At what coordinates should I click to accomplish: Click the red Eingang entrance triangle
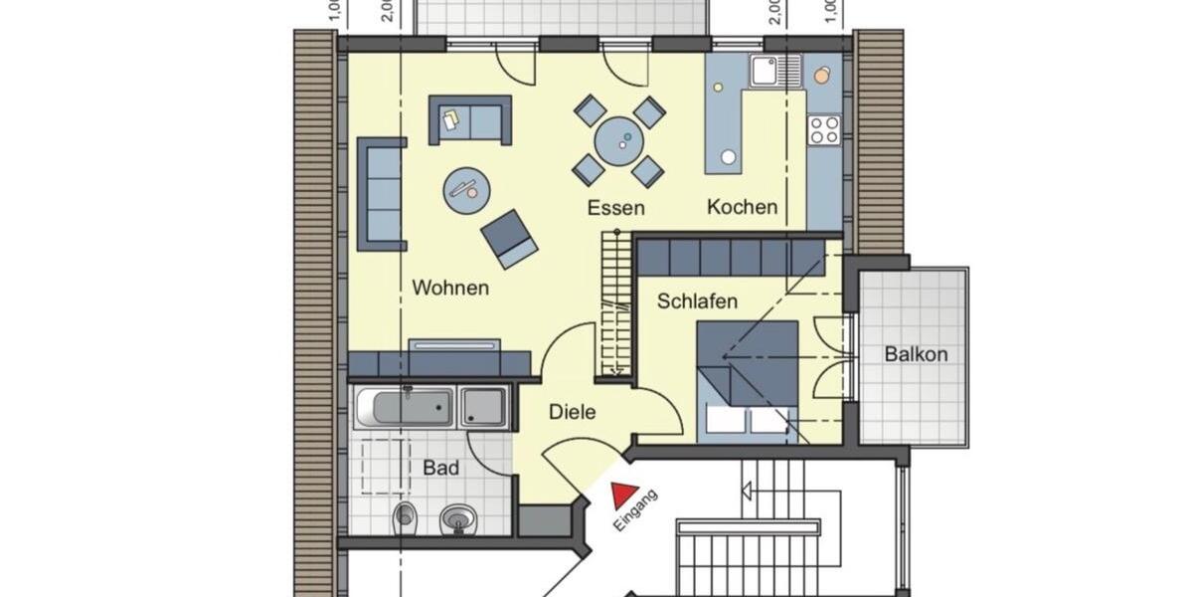point(623,494)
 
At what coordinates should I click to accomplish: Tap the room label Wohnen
point(450,289)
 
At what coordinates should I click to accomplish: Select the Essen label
point(615,208)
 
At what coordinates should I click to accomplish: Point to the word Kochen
point(742,207)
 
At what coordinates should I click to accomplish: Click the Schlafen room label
point(697,300)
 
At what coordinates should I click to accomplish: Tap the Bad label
point(440,468)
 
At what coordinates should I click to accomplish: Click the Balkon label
point(916,354)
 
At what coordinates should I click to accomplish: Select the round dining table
point(618,140)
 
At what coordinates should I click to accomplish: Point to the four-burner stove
point(824,129)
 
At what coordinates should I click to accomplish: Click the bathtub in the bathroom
point(405,407)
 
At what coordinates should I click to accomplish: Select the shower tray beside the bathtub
point(484,408)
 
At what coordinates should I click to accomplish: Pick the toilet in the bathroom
point(404,515)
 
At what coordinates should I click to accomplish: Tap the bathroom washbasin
point(457,517)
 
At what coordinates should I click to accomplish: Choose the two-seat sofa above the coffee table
point(470,120)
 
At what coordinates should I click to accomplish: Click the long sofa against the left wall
point(382,193)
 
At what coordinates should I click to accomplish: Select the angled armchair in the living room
point(509,239)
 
